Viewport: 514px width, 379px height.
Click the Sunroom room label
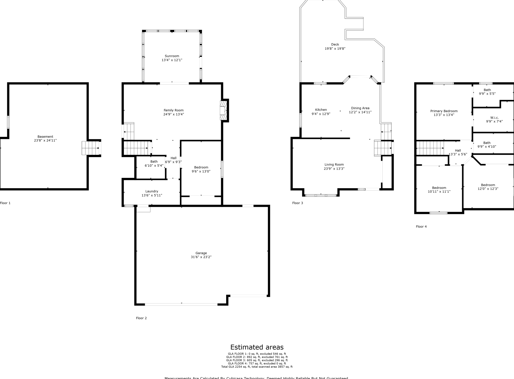point(172,56)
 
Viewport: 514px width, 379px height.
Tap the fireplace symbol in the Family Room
point(223,111)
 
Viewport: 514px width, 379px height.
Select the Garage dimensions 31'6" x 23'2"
point(201,257)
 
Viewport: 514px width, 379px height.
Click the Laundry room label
point(152,191)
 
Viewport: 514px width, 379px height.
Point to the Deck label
point(335,45)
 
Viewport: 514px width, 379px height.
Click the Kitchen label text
point(321,110)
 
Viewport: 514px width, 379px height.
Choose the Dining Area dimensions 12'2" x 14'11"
point(360,112)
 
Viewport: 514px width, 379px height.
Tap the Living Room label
point(334,165)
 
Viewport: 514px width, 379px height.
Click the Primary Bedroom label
point(444,111)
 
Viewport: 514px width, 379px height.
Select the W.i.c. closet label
point(494,118)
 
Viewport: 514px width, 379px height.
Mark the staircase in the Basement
point(91,148)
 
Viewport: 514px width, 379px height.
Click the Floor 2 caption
point(141,318)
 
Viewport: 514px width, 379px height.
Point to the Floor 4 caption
point(421,227)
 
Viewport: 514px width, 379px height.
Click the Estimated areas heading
point(257,347)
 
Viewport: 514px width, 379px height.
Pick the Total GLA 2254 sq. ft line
point(257,367)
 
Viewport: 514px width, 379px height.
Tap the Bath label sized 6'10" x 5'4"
point(154,162)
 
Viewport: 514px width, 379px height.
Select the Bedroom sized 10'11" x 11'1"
point(439,188)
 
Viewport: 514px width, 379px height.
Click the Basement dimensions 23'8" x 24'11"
point(45,141)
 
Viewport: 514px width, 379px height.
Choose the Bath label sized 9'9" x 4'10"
point(487,143)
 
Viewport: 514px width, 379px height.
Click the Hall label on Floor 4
point(458,150)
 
